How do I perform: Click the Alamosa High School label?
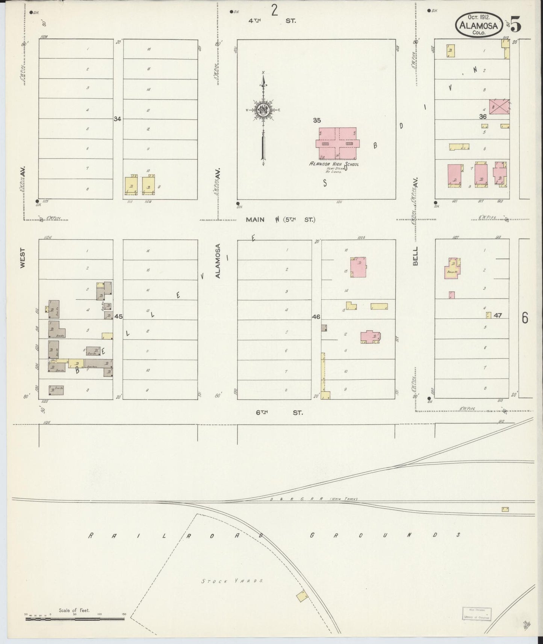coord(334,164)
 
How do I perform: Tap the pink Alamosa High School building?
coord(337,143)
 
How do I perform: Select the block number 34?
coord(118,119)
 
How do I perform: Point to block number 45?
coord(118,317)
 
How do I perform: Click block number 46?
coord(316,317)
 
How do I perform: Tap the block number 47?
coord(498,315)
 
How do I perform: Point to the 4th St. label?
coord(271,21)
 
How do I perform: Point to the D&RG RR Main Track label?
coord(313,499)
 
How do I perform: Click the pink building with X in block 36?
coord(499,106)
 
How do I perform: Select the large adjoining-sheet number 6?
coord(525,318)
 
